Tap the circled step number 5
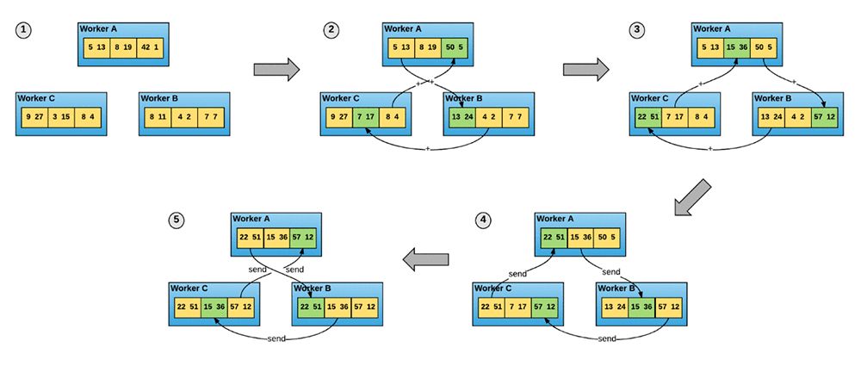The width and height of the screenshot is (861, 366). [177, 220]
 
